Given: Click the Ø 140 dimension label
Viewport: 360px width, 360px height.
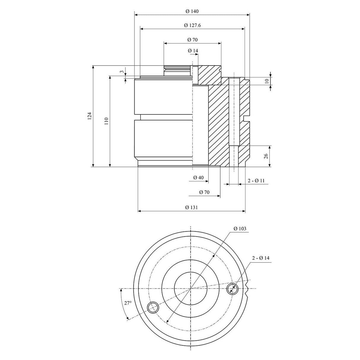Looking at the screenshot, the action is click(x=192, y=11).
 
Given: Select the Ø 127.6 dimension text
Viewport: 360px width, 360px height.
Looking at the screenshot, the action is click(x=192, y=26).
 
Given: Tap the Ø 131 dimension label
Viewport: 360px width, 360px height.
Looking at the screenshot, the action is click(x=191, y=207).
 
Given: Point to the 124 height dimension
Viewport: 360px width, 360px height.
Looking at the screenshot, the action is click(x=90, y=116).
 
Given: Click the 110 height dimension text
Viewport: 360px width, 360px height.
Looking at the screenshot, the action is click(x=106, y=121).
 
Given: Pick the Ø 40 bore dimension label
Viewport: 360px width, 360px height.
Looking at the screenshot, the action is click(x=198, y=177).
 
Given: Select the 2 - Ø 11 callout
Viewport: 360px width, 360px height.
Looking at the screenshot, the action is click(x=256, y=181).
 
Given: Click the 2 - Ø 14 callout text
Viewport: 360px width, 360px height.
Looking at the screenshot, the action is click(x=261, y=258).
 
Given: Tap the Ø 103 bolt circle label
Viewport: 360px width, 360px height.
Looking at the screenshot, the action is click(x=240, y=229).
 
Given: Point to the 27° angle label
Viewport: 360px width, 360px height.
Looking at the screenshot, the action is click(x=128, y=303).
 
